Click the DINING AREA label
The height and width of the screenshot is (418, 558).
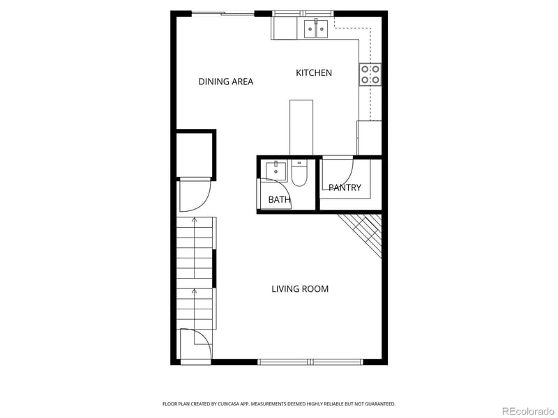tap(225, 82)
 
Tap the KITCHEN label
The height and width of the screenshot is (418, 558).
tap(314, 73)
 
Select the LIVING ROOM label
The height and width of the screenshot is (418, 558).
tap(300, 289)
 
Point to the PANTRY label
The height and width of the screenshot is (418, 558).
tap(345, 187)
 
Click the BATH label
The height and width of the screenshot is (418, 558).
tap(279, 201)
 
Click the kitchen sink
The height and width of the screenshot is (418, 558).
tap(316, 28)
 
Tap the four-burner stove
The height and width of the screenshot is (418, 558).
tap(370, 75)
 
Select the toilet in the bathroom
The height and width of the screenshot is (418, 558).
tap(299, 174)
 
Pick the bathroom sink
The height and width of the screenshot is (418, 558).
tap(276, 170)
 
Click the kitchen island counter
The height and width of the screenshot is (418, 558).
tap(301, 127)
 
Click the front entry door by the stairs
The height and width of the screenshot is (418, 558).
tap(195, 345)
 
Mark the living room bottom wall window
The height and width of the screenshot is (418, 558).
tap(311, 362)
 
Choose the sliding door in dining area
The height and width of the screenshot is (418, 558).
tap(223, 13)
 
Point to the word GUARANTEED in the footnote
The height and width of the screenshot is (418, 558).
tap(378, 403)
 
